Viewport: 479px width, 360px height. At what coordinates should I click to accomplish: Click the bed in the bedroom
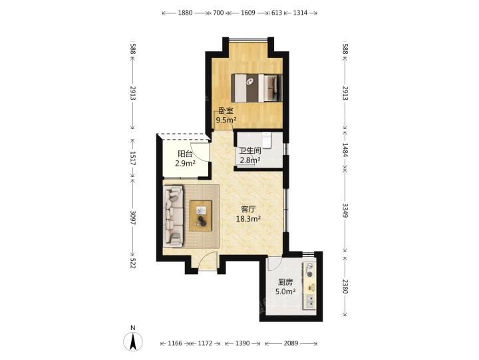pyautogui.click(x=257, y=88)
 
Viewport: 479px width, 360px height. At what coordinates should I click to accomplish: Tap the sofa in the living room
pyautogui.click(x=174, y=216)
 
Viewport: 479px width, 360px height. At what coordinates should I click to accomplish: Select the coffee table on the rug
pyautogui.click(x=201, y=216)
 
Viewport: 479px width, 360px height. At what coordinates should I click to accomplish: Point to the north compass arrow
pyautogui.click(x=133, y=341)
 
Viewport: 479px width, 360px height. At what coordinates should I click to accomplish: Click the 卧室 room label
pyautogui.click(x=226, y=110)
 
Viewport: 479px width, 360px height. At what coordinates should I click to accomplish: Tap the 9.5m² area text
pyautogui.click(x=226, y=120)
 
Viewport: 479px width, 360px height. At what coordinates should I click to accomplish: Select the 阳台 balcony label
pyautogui.click(x=185, y=154)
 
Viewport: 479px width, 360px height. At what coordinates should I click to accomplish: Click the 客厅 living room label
pyautogui.click(x=248, y=210)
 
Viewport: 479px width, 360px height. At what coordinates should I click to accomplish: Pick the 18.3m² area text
pyautogui.click(x=248, y=218)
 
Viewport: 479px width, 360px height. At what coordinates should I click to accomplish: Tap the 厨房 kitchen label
pyautogui.click(x=285, y=282)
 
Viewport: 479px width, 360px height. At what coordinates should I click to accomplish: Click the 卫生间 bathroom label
pyautogui.click(x=250, y=150)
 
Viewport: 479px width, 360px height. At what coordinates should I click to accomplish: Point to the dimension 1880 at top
pyautogui.click(x=185, y=13)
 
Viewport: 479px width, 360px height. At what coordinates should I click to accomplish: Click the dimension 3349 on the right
pyautogui.click(x=345, y=210)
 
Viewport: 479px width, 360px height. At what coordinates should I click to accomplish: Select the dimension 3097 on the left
pyautogui.click(x=133, y=218)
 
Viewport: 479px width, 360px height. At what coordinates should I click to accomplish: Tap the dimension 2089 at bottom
pyautogui.click(x=291, y=343)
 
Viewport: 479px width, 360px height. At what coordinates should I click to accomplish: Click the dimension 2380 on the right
pyautogui.click(x=345, y=286)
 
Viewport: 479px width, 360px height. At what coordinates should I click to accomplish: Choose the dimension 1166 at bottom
pyautogui.click(x=175, y=343)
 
